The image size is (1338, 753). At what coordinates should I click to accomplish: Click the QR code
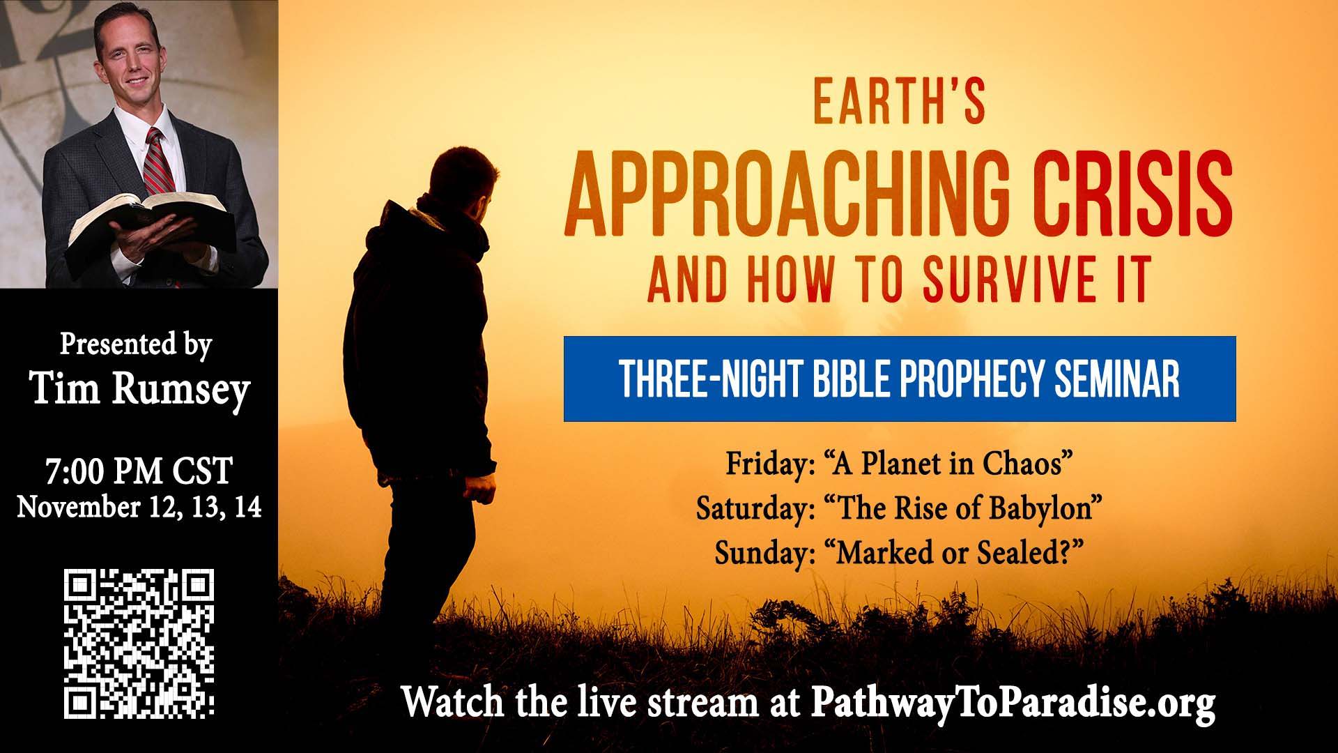click(139, 644)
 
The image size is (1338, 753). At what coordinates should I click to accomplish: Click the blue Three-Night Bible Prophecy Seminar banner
click(900, 379)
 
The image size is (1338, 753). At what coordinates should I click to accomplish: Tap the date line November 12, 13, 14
click(139, 507)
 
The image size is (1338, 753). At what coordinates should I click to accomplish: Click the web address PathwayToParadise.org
click(1014, 703)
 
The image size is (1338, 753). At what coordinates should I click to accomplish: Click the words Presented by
click(136, 345)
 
